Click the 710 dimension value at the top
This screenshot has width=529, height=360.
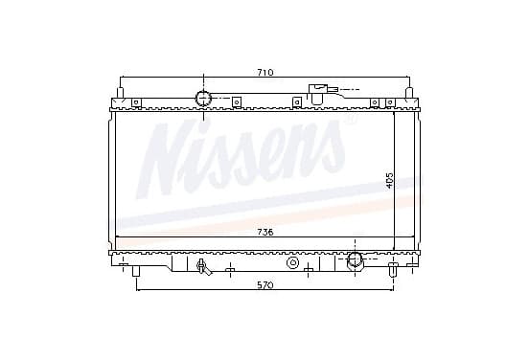click(x=265, y=73)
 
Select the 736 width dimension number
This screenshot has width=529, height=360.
click(x=265, y=233)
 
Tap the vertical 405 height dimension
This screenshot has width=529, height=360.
click(x=389, y=180)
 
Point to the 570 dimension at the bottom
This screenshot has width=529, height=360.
click(x=265, y=285)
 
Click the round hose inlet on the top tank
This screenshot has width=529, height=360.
click(x=203, y=99)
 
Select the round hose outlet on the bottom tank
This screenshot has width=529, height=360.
click(x=356, y=259)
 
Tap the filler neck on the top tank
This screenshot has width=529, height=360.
click(x=317, y=94)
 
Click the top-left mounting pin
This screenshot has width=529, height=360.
click(x=120, y=93)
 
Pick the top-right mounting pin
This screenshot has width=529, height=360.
click(x=408, y=93)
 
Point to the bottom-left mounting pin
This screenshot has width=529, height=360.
click(x=136, y=271)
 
